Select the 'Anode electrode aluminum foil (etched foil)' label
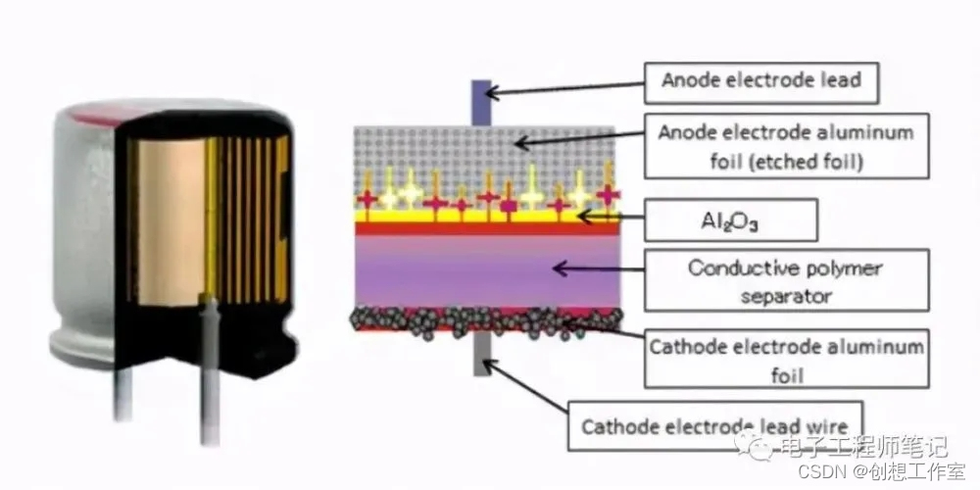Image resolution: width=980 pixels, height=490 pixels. (x=784, y=145)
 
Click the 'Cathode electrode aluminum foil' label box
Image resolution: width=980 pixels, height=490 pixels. (x=784, y=360)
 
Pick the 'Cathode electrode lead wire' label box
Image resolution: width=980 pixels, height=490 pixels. (x=714, y=425)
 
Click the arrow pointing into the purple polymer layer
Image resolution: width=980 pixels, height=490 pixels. (x=599, y=267)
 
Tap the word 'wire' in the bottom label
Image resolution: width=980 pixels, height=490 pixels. (x=822, y=426)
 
